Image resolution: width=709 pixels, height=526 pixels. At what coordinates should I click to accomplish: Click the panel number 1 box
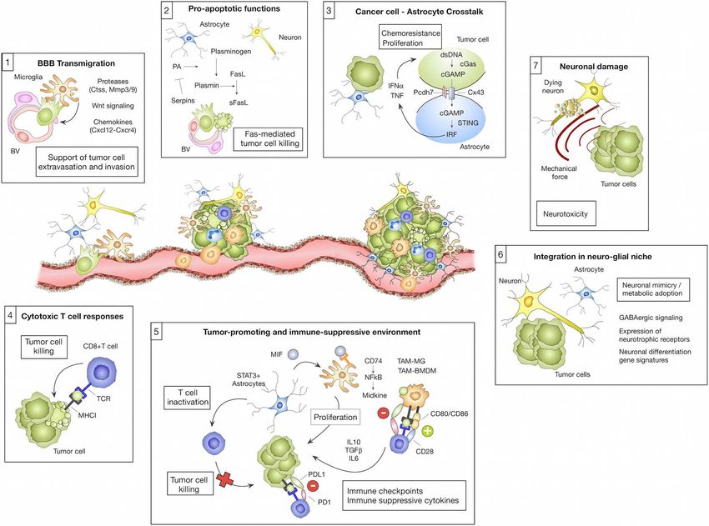click(8, 63)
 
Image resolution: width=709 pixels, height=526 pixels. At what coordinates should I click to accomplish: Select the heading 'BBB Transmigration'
click(76, 63)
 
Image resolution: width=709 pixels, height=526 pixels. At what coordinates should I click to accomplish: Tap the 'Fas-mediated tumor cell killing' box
click(269, 138)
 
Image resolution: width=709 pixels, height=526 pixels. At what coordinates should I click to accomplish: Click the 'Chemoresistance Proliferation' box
click(410, 38)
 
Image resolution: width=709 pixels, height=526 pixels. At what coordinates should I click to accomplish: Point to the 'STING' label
click(468, 123)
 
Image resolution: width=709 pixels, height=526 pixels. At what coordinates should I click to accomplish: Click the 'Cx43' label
click(475, 93)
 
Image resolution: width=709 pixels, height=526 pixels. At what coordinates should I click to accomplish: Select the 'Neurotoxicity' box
click(566, 213)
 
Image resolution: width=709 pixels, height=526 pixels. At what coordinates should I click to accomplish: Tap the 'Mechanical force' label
click(559, 173)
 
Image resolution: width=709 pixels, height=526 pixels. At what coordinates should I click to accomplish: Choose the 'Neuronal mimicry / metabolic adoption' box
click(652, 289)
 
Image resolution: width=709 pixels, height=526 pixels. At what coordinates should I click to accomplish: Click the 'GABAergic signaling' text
click(651, 318)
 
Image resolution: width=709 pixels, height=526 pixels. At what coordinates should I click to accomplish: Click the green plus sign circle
click(427, 431)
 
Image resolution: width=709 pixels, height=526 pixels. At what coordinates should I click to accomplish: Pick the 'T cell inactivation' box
click(188, 398)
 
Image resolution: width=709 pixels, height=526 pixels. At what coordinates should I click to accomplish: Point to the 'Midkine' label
click(375, 395)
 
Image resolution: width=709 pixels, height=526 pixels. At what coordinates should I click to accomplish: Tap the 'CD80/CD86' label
click(449, 413)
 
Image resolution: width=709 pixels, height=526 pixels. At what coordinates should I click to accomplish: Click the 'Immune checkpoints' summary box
click(404, 495)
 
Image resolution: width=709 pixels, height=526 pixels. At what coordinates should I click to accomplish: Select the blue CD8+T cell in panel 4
click(102, 372)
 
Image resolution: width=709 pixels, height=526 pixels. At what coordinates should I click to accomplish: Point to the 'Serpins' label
click(183, 100)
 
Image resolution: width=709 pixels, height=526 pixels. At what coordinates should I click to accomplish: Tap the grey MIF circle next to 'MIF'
click(293, 354)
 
